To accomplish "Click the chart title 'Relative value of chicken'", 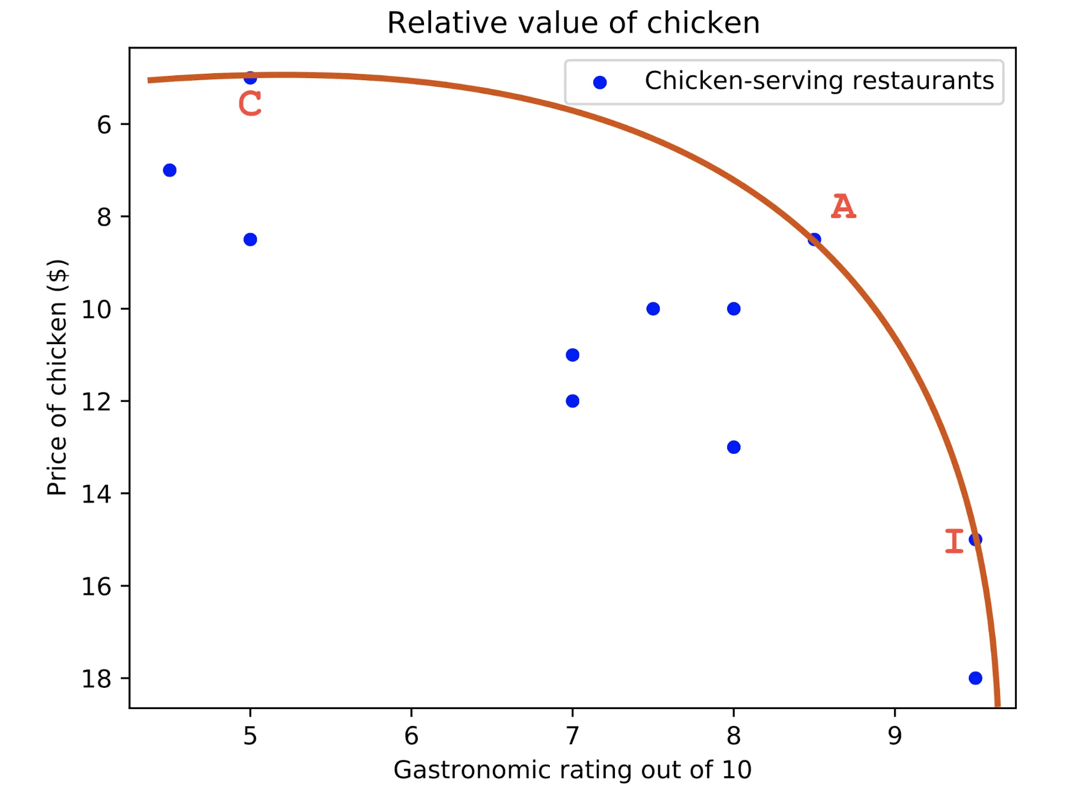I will [x=573, y=23].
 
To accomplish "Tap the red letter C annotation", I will [x=250, y=104].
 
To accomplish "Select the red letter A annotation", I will [x=843, y=207].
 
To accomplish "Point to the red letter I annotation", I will [x=954, y=541].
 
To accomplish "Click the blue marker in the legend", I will [x=600, y=82].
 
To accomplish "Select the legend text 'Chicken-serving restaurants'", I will [x=819, y=81].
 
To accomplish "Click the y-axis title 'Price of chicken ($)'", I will [x=57, y=378].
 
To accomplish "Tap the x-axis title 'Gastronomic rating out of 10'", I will [x=572, y=770].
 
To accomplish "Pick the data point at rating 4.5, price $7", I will [x=170, y=170].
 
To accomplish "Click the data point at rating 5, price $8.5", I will [x=250, y=240].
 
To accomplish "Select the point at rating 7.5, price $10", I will [x=653, y=309].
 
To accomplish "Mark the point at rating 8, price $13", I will [x=734, y=447].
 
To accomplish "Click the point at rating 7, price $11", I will [x=572, y=355].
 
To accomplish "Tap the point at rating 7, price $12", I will [x=572, y=401].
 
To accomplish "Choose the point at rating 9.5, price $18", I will [x=975, y=678].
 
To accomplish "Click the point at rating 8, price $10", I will [x=734, y=309].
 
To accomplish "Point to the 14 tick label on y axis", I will [x=97, y=494].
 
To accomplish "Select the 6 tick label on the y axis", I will [x=104, y=125].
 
